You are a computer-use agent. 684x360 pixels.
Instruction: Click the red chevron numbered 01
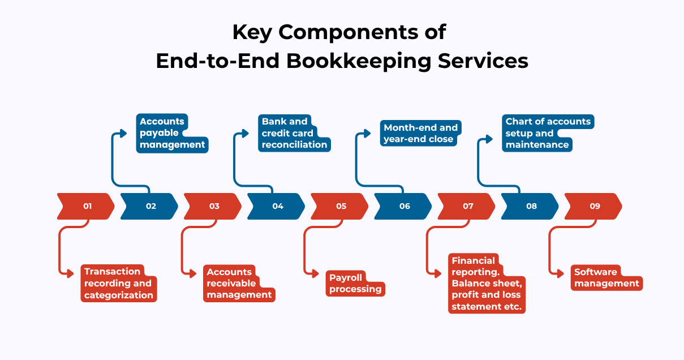pos(86,206)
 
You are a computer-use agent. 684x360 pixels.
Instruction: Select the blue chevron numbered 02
pos(150,206)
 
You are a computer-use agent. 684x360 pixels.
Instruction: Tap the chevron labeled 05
pos(340,206)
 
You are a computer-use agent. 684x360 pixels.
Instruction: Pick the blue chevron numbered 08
pos(530,206)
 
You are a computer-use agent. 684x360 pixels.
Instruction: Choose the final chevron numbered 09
pos(593,206)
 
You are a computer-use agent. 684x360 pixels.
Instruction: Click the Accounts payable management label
pos(171,133)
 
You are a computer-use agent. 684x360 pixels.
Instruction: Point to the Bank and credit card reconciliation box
pos(294,133)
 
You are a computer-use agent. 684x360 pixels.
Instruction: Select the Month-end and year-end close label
pos(419,133)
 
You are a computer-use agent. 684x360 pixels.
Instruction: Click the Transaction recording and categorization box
pos(118,283)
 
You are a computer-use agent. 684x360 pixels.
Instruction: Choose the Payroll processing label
pos(355,284)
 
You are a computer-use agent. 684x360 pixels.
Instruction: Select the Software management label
pos(606,278)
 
